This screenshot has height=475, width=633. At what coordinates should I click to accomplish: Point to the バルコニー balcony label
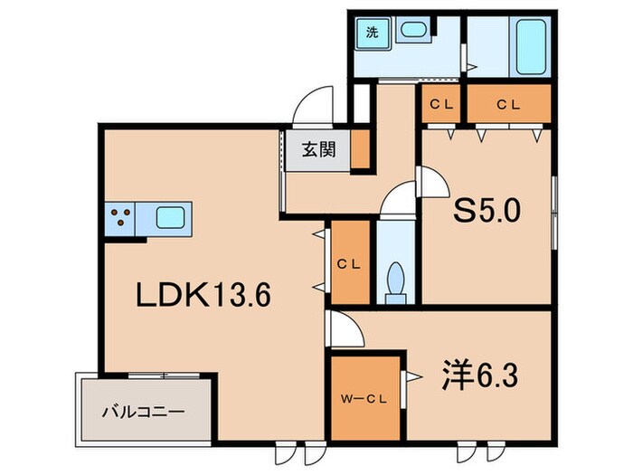point(148,410)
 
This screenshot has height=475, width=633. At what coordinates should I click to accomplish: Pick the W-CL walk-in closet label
point(362,399)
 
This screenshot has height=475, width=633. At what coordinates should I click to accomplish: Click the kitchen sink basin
point(172,217)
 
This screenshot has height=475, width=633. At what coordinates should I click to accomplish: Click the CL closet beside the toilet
point(348,264)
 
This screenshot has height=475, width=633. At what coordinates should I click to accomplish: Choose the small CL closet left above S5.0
point(440,103)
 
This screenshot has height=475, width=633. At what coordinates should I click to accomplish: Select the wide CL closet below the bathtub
point(508,103)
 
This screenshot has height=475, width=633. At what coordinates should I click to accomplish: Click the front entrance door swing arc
point(312,107)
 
